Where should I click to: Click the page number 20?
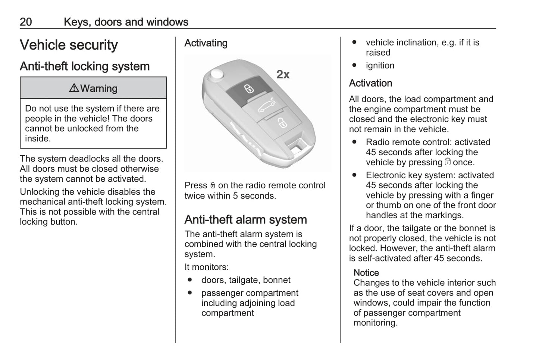[x=26, y=22]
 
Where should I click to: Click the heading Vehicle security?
[x=69, y=45]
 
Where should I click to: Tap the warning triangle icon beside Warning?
[x=74, y=88]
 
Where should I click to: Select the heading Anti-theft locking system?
[x=85, y=66]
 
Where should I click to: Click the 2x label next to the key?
[x=283, y=75]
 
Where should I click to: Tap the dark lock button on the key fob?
[x=248, y=89]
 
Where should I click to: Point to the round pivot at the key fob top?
[x=216, y=74]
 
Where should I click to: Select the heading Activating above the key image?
[x=206, y=43]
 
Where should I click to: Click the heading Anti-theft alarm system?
[x=245, y=220]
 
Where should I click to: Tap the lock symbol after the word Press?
[x=213, y=185]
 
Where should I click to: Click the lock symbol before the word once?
[x=448, y=162]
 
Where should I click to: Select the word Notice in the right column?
[x=366, y=273]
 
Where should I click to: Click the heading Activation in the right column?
[x=370, y=83]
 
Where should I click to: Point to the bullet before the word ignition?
[x=354, y=65]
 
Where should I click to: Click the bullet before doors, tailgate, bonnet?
[x=190, y=280]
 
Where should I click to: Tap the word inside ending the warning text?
[x=38, y=139]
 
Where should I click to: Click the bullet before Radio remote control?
[x=354, y=142]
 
